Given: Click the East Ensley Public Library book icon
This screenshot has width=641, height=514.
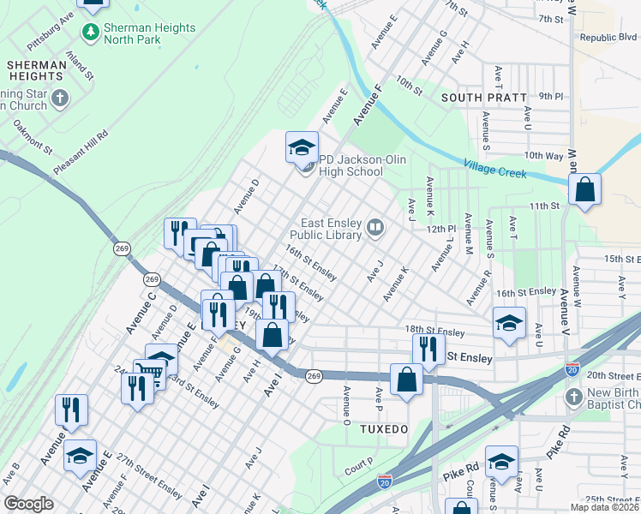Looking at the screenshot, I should pyautogui.click(x=375, y=228).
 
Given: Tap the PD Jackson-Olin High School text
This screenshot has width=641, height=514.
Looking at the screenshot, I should pyautogui.click(x=350, y=165).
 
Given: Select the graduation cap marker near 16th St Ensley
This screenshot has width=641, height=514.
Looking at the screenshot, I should pyautogui.click(x=509, y=323).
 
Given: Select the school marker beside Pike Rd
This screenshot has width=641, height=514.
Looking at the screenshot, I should pyautogui.click(x=501, y=462).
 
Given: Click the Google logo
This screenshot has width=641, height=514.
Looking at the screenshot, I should pyautogui.click(x=28, y=504).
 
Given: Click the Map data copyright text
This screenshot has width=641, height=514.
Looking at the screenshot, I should pyautogui.click(x=603, y=507).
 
